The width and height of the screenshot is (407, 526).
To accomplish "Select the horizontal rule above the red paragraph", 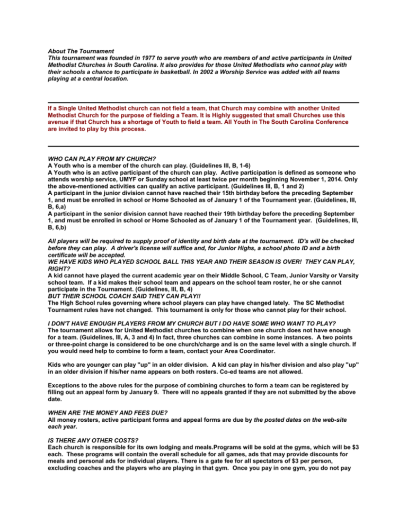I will click(x=203, y=103).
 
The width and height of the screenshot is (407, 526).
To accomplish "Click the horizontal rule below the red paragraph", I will click(x=203, y=146).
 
